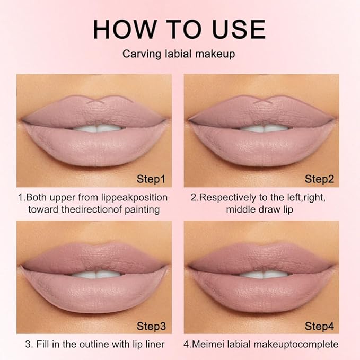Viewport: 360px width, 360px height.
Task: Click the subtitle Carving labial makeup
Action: pos(179,55)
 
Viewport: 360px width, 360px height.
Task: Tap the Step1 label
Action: pos(151,179)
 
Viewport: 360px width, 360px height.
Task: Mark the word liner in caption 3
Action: pos(154,344)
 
